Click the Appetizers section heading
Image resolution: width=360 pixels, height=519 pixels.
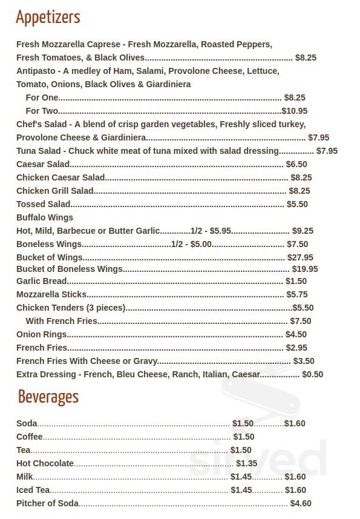coord(48,18)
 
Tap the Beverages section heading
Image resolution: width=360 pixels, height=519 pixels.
coord(48,397)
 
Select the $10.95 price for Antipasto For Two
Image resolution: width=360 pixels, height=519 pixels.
coord(295,111)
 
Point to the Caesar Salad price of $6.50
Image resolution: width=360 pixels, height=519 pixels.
coord(296,164)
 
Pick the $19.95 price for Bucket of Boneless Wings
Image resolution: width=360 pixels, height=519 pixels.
coord(305,269)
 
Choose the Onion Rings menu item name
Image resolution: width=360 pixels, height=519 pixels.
coord(41,334)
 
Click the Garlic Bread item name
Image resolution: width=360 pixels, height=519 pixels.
coord(41,281)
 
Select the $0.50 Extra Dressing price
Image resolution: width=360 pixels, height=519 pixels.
coord(312,374)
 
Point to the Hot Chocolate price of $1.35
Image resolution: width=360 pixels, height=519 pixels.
coord(247,463)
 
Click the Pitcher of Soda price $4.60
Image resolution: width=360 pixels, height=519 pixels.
coord(301,503)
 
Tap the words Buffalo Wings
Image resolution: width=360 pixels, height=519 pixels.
coord(45,217)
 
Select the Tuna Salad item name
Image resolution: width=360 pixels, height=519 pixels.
coord(39,151)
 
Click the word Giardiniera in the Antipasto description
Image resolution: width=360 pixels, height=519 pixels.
coord(164,84)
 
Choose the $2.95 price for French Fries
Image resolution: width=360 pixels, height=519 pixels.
coord(297,348)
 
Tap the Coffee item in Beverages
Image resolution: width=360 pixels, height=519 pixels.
coord(30,437)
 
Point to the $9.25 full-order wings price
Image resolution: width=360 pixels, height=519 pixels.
coord(303,231)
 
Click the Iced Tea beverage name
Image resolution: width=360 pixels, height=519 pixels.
coord(33,490)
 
